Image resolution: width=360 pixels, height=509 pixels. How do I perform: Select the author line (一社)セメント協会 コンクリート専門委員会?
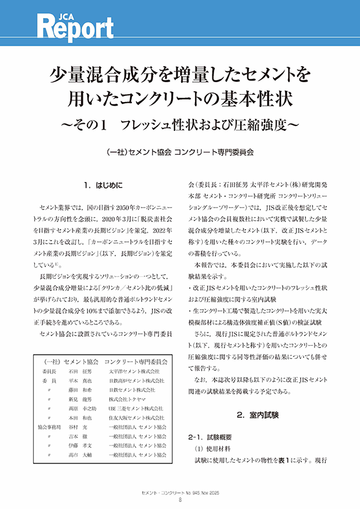pyautogui.click(x=179, y=152)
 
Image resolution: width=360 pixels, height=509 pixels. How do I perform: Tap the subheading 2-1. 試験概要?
pyautogui.click(x=214, y=437)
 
